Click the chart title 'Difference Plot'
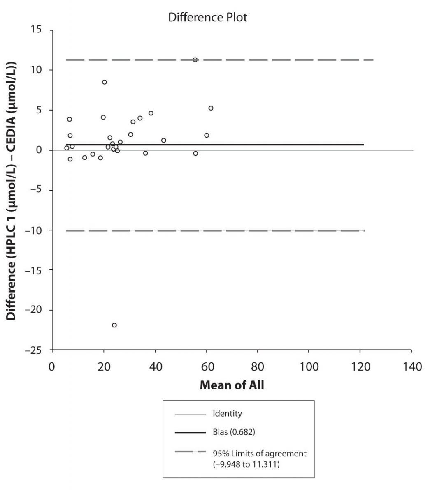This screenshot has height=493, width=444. point(207,17)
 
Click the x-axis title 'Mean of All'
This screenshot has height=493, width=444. point(232,385)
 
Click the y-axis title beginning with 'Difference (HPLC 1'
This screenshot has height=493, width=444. point(11,191)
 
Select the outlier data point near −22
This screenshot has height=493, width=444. point(114,325)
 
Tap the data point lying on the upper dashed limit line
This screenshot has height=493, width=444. point(195,60)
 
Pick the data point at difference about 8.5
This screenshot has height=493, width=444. point(105,82)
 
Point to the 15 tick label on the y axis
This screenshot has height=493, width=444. point(36,30)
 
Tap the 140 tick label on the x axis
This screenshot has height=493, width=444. point(411,366)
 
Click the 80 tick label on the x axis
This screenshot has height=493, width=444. point(258,366)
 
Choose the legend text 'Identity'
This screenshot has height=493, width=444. point(227,414)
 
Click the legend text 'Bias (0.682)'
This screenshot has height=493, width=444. point(234,432)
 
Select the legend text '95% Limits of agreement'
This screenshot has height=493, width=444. point(259,454)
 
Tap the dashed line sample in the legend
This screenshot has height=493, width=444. point(190,452)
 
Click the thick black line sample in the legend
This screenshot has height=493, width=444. point(190,432)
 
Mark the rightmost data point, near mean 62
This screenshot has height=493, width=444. point(211,108)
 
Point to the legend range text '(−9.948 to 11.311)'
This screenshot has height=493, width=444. point(246,465)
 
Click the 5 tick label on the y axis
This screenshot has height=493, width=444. point(39,110)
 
